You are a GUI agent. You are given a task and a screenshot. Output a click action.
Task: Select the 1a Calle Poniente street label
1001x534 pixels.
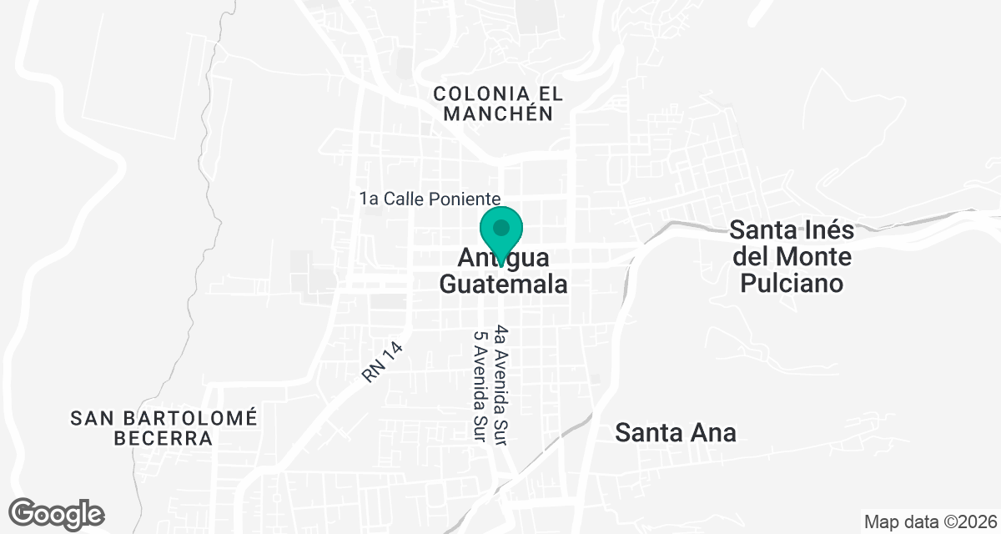(430, 199)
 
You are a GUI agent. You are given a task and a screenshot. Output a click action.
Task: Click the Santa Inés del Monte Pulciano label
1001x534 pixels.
(791, 255)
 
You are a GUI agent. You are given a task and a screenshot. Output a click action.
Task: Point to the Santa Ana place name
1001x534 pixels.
(676, 432)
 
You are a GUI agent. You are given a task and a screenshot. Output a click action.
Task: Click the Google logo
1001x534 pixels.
(57, 513)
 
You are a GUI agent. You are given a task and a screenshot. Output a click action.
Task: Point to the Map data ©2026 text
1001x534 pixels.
(930, 522)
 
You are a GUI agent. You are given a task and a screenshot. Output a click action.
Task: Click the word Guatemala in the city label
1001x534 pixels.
(503, 284)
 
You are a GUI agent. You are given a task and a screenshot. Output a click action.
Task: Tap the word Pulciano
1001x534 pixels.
(791, 283)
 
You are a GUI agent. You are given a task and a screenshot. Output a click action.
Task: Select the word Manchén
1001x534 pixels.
(498, 114)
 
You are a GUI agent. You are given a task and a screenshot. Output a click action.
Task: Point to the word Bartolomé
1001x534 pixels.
(194, 416)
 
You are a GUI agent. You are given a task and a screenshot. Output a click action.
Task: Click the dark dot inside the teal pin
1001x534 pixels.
(501, 227)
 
